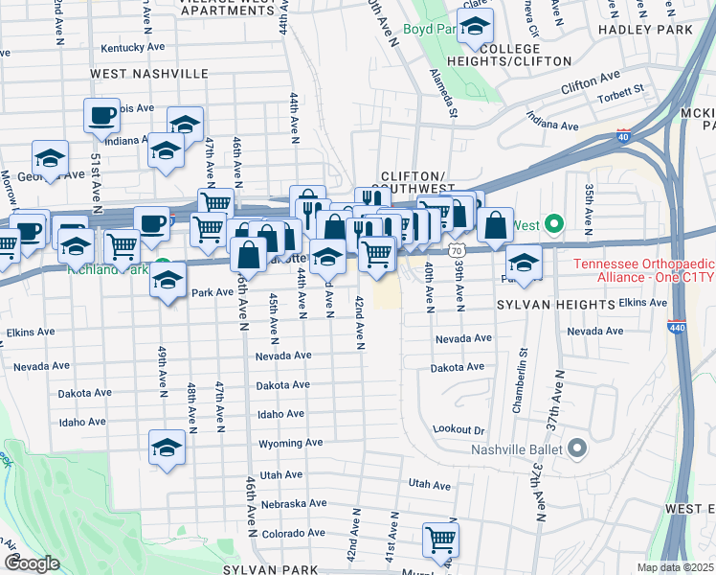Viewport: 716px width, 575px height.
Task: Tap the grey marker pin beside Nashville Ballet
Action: (576, 448)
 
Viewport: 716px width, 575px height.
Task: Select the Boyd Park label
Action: (428, 30)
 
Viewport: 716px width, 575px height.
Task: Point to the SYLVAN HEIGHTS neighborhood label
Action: (554, 304)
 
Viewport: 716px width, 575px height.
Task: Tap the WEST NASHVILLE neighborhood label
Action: (149, 74)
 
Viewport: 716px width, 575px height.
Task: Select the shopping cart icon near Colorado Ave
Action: (440, 540)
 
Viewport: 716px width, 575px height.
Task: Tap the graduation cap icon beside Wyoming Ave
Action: (168, 448)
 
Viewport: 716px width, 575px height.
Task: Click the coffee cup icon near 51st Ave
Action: (102, 116)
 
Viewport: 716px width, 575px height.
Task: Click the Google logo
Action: (31, 563)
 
